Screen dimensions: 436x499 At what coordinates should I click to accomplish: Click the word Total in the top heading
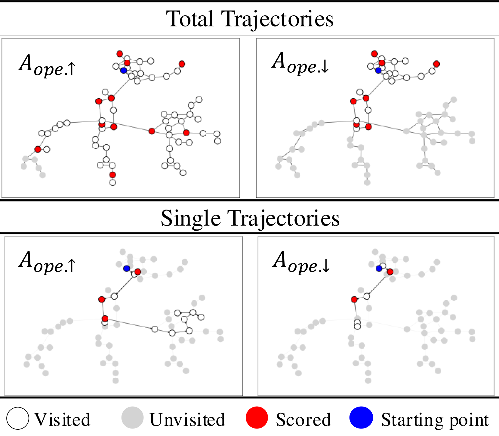tap(193, 19)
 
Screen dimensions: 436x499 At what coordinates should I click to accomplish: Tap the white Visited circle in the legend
tap(18, 418)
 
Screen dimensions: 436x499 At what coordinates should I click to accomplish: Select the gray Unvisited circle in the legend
tap(132, 418)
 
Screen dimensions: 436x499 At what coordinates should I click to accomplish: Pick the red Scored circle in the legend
tap(257, 418)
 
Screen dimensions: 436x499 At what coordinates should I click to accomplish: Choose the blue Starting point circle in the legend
tap(361, 418)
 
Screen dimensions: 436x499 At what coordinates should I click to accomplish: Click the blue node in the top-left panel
tap(124, 71)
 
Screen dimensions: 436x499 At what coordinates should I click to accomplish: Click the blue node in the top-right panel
tap(378, 70)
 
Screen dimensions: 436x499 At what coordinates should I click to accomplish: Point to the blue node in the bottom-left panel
tap(127, 268)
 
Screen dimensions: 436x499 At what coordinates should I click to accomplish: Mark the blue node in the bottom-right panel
tap(379, 268)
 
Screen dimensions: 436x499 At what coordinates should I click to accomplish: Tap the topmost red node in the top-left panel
tap(120, 54)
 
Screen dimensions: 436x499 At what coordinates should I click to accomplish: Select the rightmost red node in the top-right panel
tap(436, 64)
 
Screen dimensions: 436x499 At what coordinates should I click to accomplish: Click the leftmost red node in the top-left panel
tap(38, 149)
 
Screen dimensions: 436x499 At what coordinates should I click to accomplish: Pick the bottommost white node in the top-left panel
tap(112, 182)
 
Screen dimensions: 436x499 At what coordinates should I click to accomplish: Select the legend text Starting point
tap(435, 420)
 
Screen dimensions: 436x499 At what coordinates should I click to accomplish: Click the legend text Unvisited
tap(187, 420)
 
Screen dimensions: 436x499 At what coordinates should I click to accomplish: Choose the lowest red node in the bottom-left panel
tap(105, 318)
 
